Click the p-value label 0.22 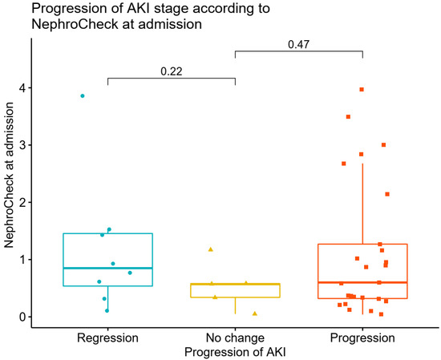pyautogui.click(x=171, y=71)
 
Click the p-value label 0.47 pyautogui.click(x=298, y=45)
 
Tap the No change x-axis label pyautogui.click(x=235, y=338)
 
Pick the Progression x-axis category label pyautogui.click(x=362, y=338)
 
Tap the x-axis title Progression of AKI pyautogui.click(x=234, y=352)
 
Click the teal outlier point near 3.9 pyautogui.click(x=83, y=96)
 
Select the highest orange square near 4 pyautogui.click(x=362, y=90)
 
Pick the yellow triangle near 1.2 pyautogui.click(x=211, y=249)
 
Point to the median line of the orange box pyautogui.click(x=362, y=282)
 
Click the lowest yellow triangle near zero pyautogui.click(x=255, y=313)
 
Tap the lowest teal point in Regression pyautogui.click(x=107, y=310)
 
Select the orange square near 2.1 pyautogui.click(x=387, y=194)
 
